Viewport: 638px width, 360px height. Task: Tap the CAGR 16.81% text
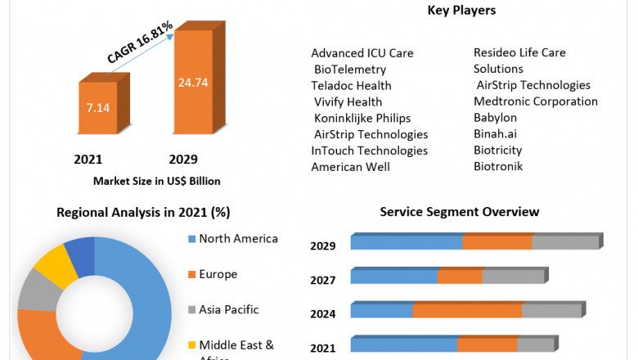(x=140, y=43)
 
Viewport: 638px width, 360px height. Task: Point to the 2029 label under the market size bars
(x=183, y=159)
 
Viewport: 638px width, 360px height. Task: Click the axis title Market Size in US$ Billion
(x=157, y=181)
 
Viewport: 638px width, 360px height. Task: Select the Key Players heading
(x=461, y=11)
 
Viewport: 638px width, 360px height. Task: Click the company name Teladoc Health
(x=351, y=85)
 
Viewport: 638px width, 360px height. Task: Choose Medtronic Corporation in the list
(x=536, y=101)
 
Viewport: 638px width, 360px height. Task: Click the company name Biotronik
(x=498, y=166)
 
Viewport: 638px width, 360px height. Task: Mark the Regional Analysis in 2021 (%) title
(x=143, y=212)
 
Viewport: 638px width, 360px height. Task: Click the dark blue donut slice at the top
(x=80, y=254)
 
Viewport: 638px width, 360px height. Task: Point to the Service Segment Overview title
(x=460, y=212)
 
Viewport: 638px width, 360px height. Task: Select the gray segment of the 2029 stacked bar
(x=565, y=242)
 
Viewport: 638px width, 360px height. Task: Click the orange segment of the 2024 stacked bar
(x=467, y=311)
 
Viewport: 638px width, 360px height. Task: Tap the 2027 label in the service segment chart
(x=323, y=280)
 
